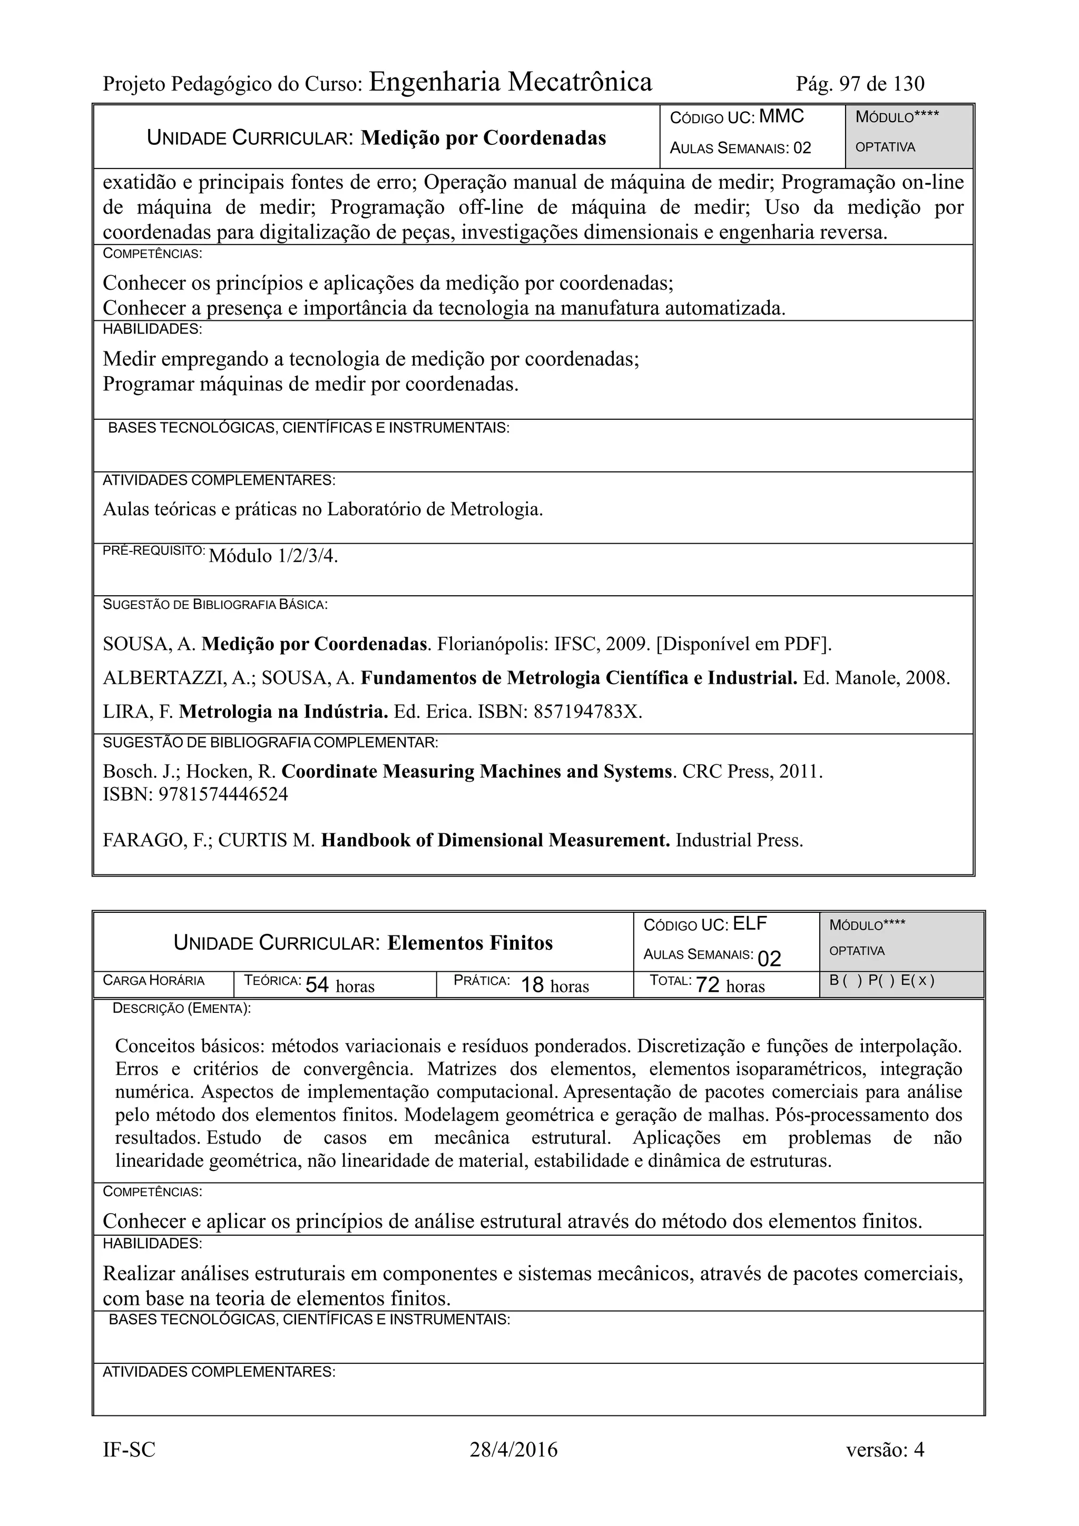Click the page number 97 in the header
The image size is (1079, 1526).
(850, 84)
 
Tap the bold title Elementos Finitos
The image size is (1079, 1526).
(469, 943)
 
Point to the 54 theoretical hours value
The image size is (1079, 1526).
(317, 985)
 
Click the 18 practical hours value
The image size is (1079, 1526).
(533, 985)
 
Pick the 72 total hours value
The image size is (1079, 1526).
(708, 985)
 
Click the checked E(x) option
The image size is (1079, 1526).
(918, 980)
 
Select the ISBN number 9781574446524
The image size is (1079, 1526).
(223, 794)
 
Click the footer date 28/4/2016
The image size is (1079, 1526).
(513, 1450)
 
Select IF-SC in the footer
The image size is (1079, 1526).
(129, 1450)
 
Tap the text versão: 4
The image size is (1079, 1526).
(885, 1450)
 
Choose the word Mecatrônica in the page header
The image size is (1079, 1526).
(580, 82)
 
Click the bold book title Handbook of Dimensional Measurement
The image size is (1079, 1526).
(495, 840)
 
